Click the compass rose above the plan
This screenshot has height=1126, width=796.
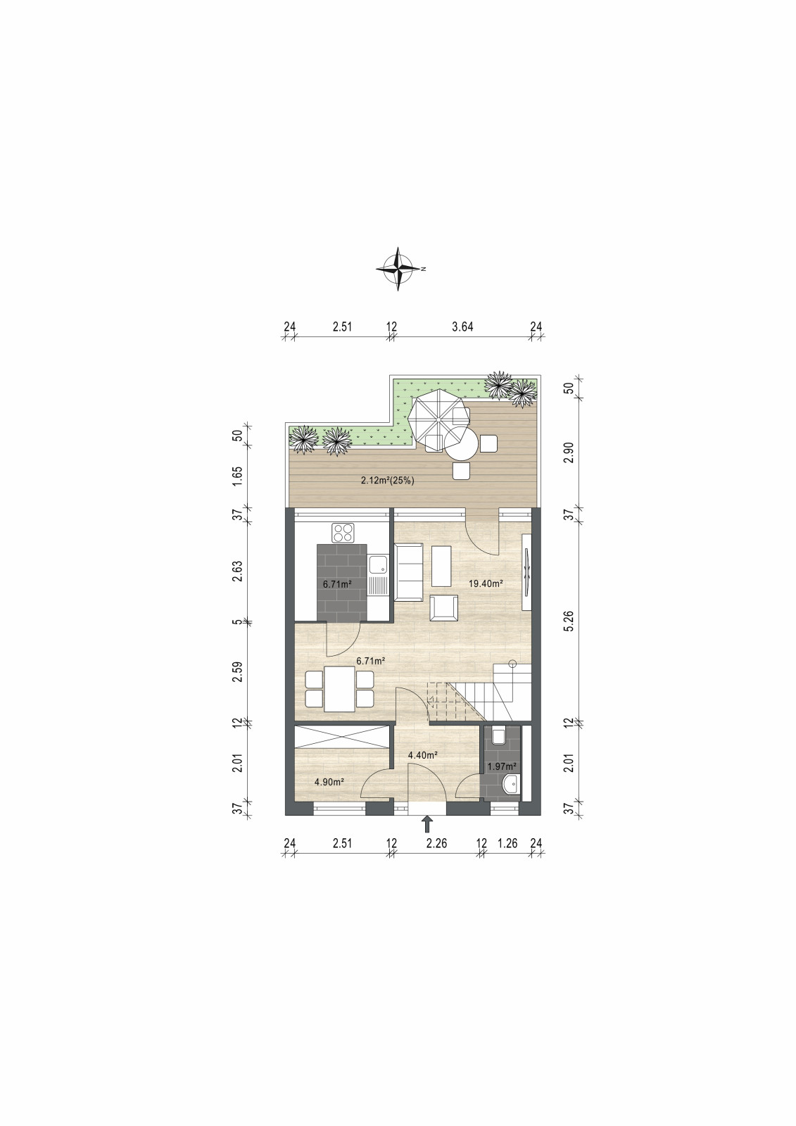click(398, 269)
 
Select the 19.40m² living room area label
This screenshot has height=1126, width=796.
click(486, 583)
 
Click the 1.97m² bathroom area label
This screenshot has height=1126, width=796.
click(502, 766)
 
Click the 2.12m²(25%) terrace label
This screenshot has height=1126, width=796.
click(387, 481)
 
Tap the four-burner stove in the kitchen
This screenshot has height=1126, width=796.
click(343, 533)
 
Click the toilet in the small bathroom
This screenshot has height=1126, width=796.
click(499, 736)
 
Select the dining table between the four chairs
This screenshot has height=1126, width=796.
click(339, 688)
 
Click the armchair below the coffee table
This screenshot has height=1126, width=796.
click(443, 608)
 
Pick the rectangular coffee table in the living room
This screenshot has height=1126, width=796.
click(441, 566)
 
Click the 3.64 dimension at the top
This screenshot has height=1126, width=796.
click(462, 327)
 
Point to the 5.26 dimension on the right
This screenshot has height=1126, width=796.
click(568, 621)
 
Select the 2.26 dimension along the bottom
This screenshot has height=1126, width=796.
click(436, 843)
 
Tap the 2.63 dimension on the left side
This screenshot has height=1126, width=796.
click(238, 571)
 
